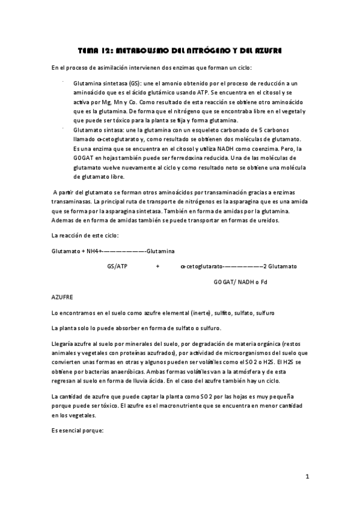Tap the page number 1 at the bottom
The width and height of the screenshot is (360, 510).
pos(307,477)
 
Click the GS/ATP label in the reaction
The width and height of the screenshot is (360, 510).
pos(117,266)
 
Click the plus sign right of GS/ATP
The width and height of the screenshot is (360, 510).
pos(157,266)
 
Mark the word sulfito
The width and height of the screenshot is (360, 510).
pos(221,313)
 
